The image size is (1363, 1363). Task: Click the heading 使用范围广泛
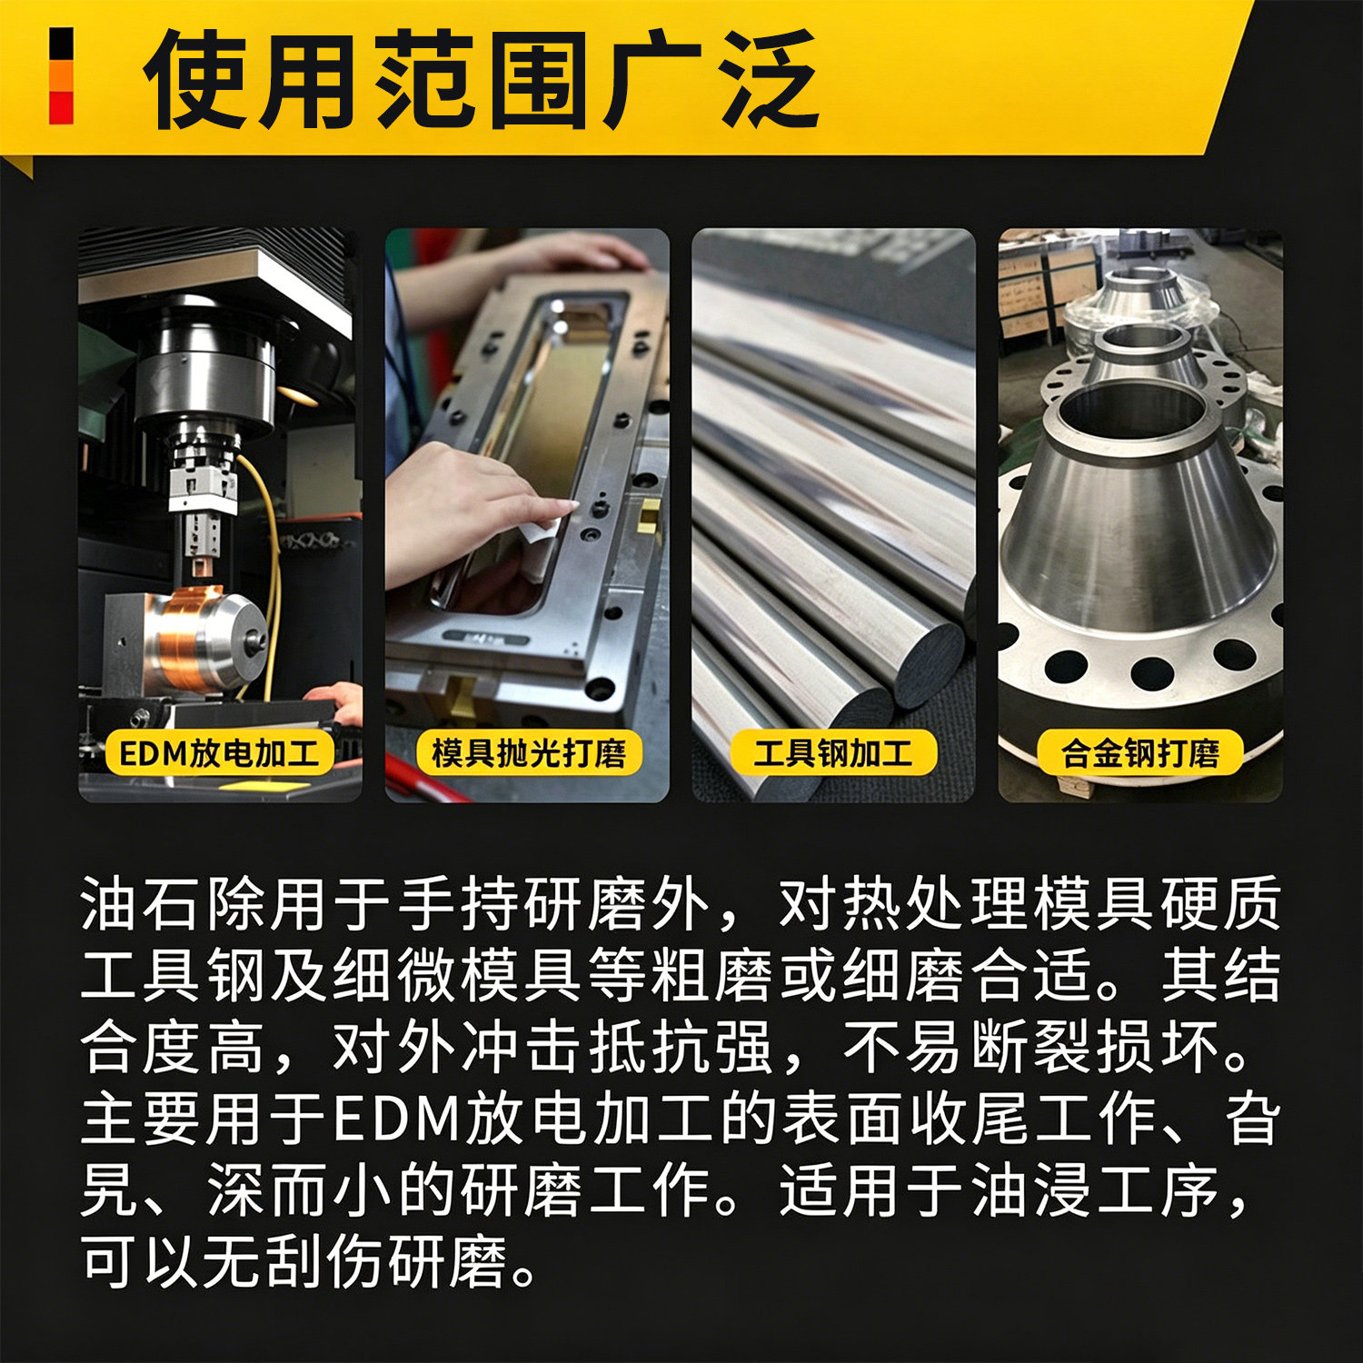[482, 79]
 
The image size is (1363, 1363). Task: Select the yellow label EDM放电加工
[220, 753]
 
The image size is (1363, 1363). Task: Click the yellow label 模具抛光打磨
[528, 753]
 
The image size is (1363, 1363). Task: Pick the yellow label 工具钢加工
[833, 753]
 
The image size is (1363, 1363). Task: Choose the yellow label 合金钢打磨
[1139, 753]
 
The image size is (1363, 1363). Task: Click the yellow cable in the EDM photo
[265, 563]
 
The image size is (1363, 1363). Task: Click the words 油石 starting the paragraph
[141, 904]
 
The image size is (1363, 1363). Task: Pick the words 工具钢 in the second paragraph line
[173, 975]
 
